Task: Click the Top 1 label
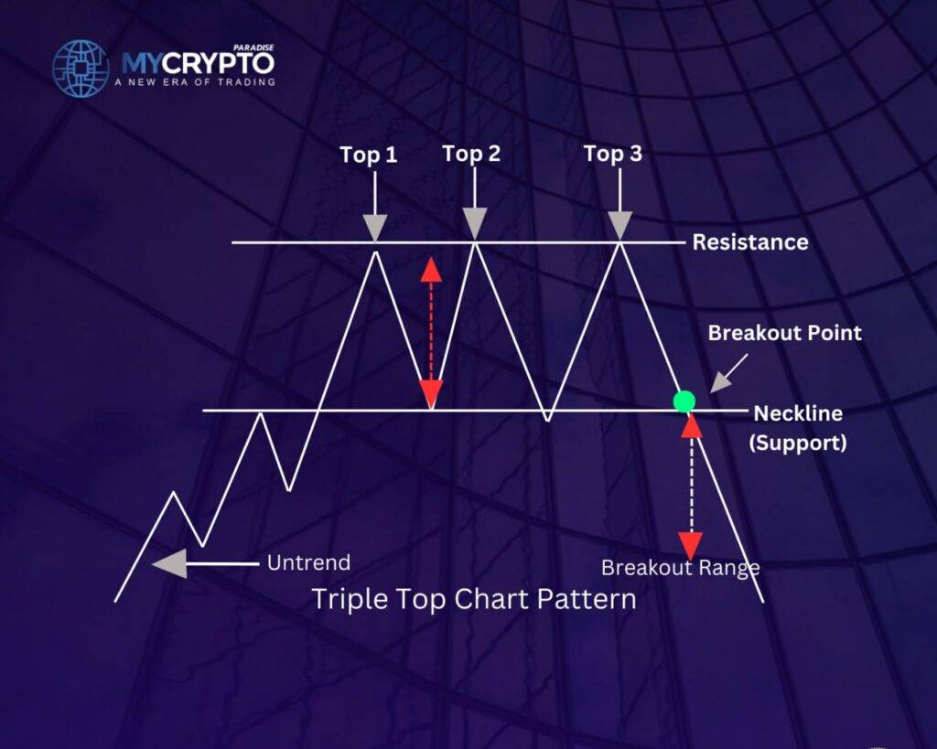pos(369,155)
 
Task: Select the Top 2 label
pos(471,154)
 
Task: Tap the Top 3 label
pos(613,154)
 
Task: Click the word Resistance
pos(750,242)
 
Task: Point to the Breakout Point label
pos(784,333)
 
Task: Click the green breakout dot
pos(684,401)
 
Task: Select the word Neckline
pos(798,412)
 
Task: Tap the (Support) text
pos(798,443)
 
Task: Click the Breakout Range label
pos(680,567)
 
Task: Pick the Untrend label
pos(309,562)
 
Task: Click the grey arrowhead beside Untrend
pos(169,564)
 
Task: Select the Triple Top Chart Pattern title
pos(475,598)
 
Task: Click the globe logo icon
pos(81,69)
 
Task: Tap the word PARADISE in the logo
pos(253,48)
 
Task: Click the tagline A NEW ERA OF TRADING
pos(195,81)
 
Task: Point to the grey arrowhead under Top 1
pos(374,228)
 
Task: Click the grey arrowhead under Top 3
pos(620,226)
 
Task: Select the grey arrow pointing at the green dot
pos(728,373)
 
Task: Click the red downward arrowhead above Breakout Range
pos(691,546)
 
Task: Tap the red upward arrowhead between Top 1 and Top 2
pos(431,270)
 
